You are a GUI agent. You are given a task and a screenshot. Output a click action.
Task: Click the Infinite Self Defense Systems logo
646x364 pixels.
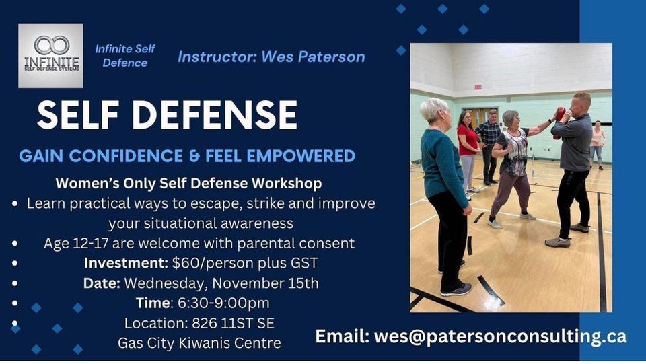(50, 56)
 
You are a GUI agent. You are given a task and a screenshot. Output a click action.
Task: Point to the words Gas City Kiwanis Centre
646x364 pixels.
(199, 342)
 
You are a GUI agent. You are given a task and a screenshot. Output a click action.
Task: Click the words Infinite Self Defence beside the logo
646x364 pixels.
(125, 56)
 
